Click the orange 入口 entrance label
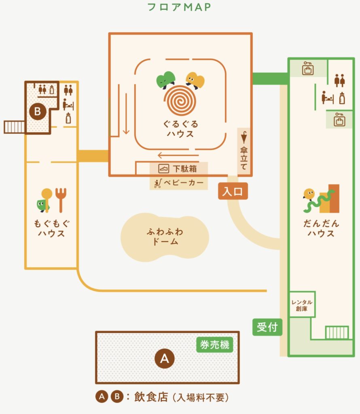tap(233, 191)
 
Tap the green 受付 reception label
tap(267, 327)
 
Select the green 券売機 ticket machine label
tap(215, 345)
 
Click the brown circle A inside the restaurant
tap(165, 358)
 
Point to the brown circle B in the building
tap(37, 111)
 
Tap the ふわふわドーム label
tap(165, 237)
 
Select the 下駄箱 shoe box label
tap(178, 168)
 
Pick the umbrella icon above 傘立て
tap(244, 137)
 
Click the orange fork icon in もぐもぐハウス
tap(61, 200)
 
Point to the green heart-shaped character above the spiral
tap(166, 80)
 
